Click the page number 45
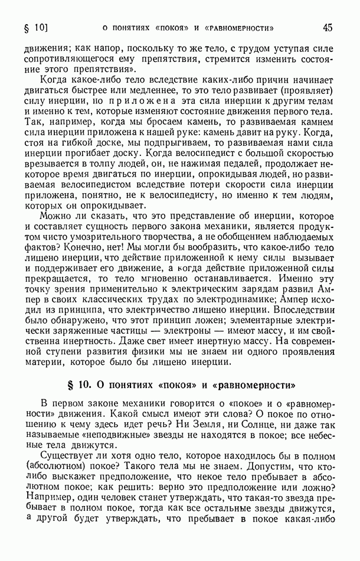328,27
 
